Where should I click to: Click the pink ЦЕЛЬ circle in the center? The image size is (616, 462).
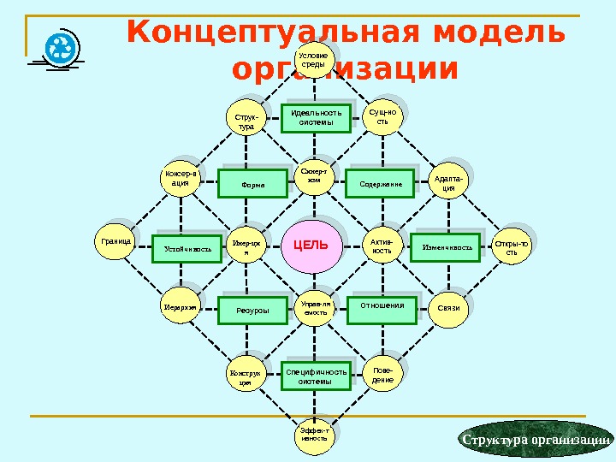311,246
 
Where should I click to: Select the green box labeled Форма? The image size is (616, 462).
253,184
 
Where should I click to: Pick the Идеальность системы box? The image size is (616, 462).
316,117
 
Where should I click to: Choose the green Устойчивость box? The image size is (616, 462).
187,248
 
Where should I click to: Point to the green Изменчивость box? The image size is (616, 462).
447,248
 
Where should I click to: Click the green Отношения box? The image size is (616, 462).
382,309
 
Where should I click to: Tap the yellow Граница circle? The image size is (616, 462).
115,242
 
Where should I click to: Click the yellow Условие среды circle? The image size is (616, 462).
313,60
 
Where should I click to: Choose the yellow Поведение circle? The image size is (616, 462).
383,375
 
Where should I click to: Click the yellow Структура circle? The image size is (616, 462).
246,121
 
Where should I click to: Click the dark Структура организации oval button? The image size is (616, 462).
536,440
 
